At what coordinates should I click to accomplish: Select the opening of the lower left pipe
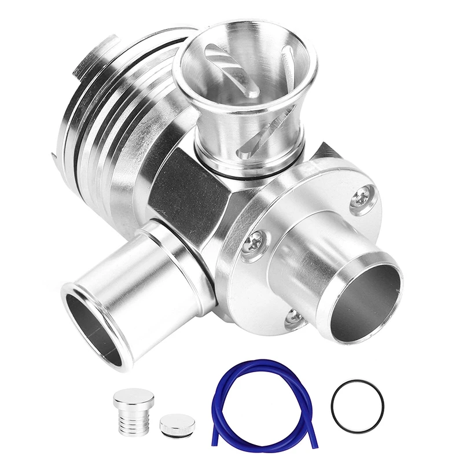click(x=93, y=328)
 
